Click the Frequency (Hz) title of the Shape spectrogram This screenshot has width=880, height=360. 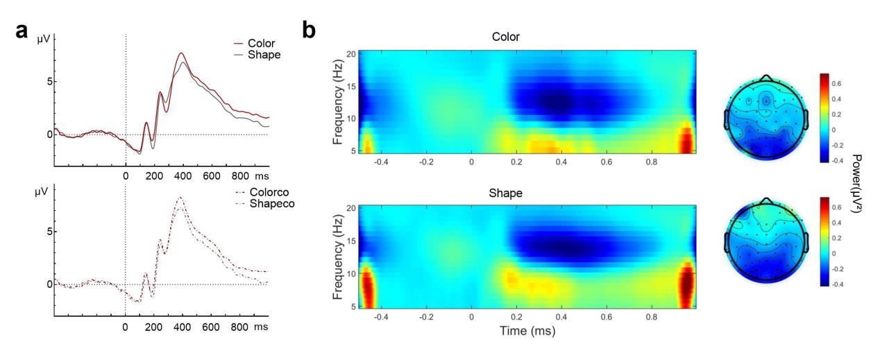339,256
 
